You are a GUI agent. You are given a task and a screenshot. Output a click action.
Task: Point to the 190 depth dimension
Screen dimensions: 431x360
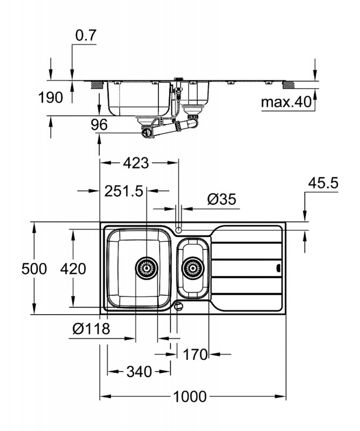pos(50,98)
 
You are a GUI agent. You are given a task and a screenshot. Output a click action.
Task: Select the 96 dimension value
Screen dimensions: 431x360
pos(99,124)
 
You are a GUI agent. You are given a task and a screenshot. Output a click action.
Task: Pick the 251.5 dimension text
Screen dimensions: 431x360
pos(124,191)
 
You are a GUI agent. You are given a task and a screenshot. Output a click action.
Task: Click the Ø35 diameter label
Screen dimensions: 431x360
pos(221,200)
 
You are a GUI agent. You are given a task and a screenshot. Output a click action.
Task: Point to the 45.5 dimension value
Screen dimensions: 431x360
pos(322,183)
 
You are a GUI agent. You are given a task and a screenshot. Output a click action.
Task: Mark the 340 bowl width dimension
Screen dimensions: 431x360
pos(139,371)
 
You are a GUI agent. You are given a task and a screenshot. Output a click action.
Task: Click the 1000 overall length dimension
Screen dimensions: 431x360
pos(190,397)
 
